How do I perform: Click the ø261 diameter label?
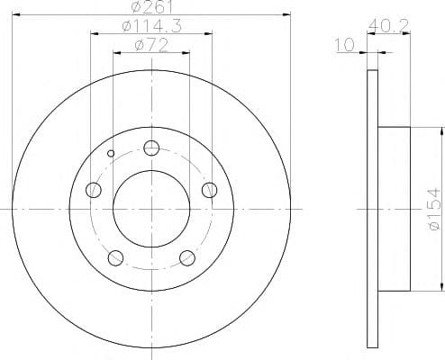click(x=152, y=7)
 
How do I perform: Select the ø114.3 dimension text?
click(x=152, y=27)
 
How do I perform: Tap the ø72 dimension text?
click(x=151, y=46)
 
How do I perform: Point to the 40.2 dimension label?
click(x=388, y=26)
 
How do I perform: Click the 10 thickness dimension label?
click(x=345, y=45)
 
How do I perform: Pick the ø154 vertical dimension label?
click(x=435, y=210)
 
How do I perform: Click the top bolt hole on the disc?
click(x=151, y=148)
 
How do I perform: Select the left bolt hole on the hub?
click(x=94, y=190)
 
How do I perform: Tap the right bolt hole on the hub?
click(x=209, y=190)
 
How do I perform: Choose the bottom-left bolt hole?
click(x=115, y=257)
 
